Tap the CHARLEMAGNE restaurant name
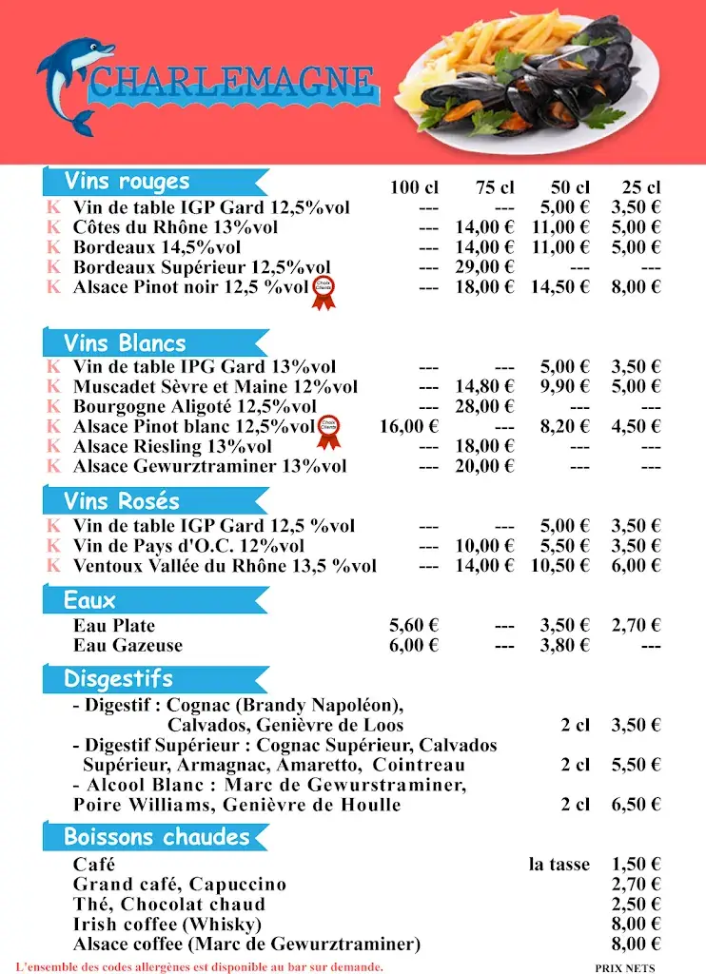tap(232, 80)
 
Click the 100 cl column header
tap(414, 187)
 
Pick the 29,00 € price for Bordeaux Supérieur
tap(484, 267)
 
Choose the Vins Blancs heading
tap(125, 343)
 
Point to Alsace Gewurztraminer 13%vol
tap(209, 466)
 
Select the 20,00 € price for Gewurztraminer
tap(484, 466)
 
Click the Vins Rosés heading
tap(122, 501)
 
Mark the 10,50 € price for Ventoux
tap(560, 566)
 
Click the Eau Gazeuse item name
tap(127, 646)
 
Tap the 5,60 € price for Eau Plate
tap(414, 626)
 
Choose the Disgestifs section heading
tap(118, 679)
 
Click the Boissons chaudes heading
tap(157, 837)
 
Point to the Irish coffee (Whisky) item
tap(167, 925)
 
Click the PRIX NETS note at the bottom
tap(625, 967)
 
